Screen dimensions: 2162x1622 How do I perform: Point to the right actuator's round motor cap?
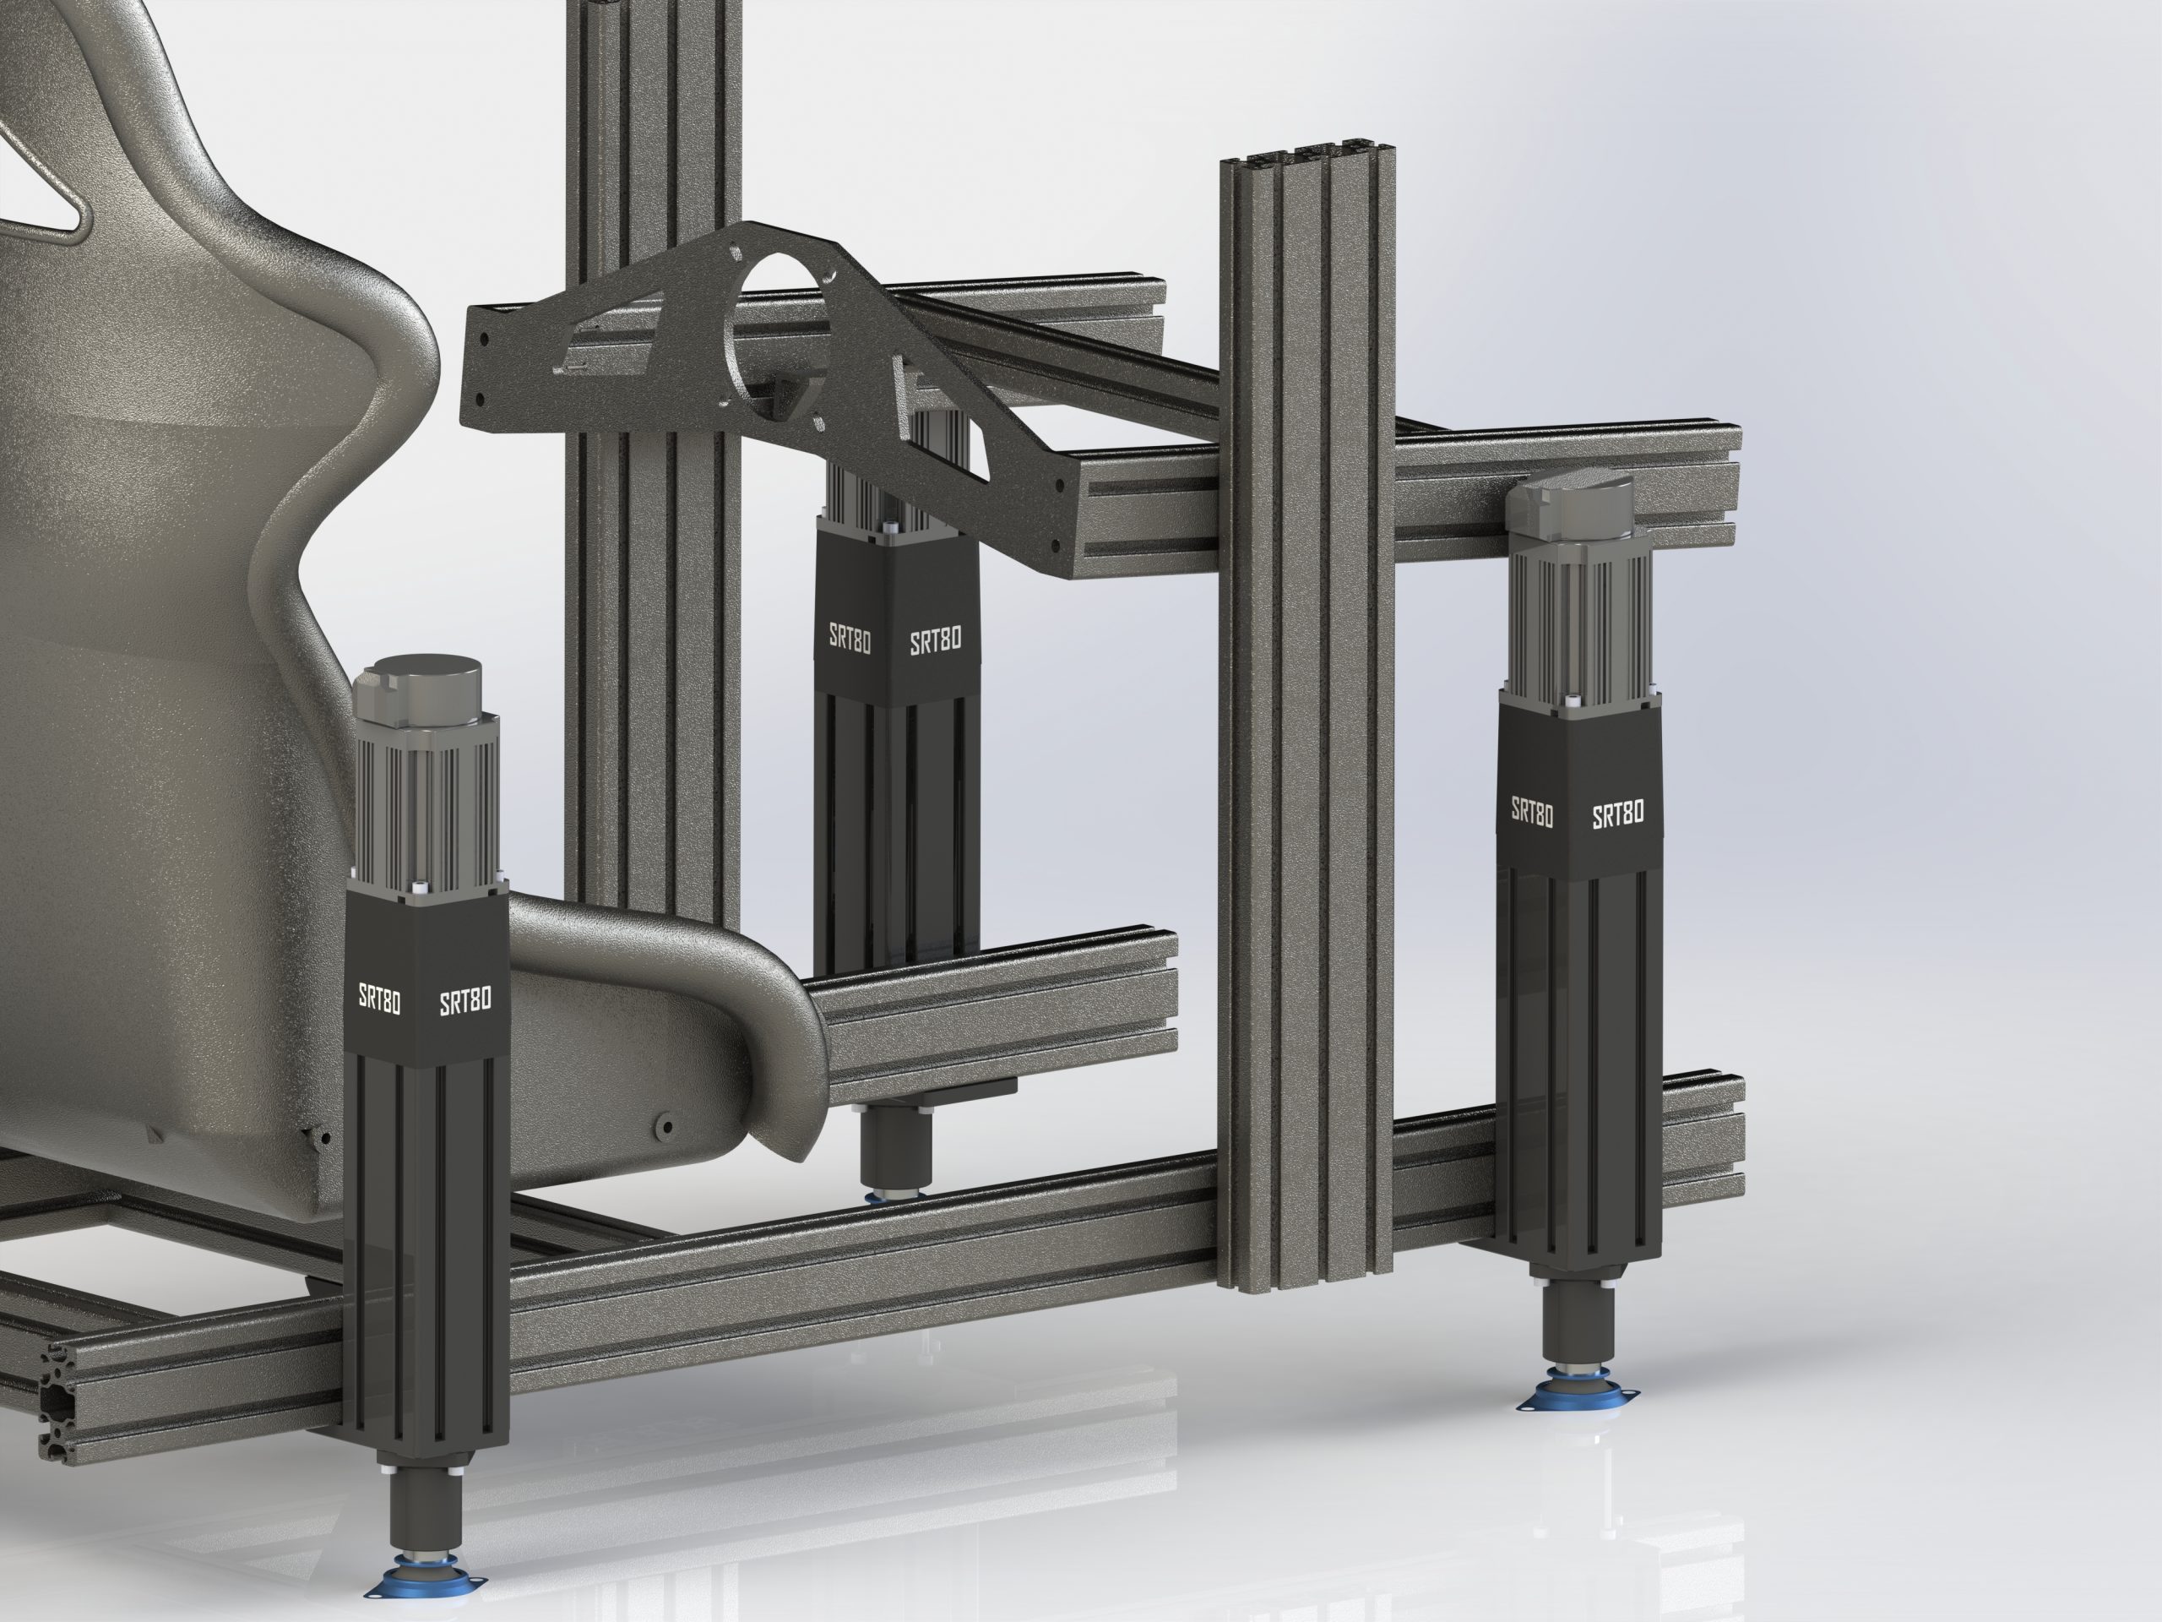pyautogui.click(x=1571, y=501)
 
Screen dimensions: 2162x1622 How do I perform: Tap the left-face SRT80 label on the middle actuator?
pyautogui.click(x=850, y=638)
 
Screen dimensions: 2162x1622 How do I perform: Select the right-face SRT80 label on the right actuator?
pyautogui.click(x=1619, y=814)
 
